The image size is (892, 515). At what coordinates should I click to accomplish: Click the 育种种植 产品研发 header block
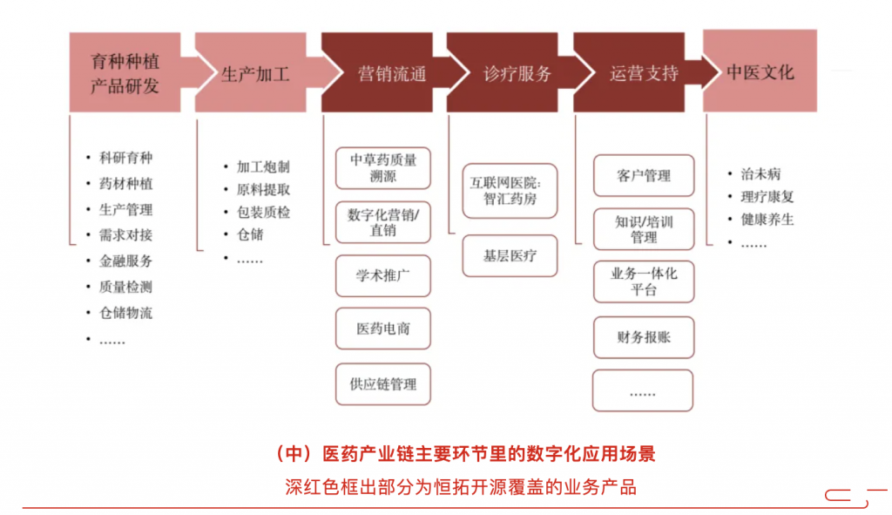click(125, 72)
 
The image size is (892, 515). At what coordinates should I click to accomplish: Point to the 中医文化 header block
click(760, 71)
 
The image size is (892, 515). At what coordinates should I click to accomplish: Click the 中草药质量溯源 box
click(383, 168)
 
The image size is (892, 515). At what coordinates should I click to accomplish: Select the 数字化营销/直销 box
click(383, 222)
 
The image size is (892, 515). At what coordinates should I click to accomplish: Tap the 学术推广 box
click(383, 276)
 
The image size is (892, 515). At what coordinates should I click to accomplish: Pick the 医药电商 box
click(383, 329)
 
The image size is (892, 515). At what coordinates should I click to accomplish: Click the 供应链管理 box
click(383, 384)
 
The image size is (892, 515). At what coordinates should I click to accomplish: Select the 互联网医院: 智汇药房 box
click(510, 191)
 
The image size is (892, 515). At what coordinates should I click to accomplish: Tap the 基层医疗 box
click(510, 256)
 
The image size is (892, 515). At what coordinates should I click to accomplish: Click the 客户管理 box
click(644, 176)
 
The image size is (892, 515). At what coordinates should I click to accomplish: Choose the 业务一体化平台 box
click(644, 281)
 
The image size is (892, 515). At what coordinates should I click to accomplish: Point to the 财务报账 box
click(644, 337)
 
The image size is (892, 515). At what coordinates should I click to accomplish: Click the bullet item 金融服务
click(125, 261)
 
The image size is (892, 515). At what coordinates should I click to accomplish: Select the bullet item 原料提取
click(263, 189)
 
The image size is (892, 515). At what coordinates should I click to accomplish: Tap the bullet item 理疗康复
click(767, 197)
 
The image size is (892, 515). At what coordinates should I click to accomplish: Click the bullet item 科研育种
click(125, 158)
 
